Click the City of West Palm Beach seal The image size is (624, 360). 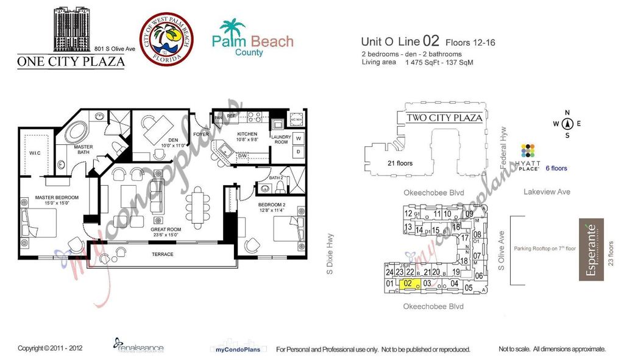[x=166, y=39]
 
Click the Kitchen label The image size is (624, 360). [x=247, y=134]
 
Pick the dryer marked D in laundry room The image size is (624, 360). [x=299, y=151]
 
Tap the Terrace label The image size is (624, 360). [x=162, y=254]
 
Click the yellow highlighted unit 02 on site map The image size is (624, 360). [x=409, y=283]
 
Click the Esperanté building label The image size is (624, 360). [x=590, y=250]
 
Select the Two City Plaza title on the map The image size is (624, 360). [x=444, y=118]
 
